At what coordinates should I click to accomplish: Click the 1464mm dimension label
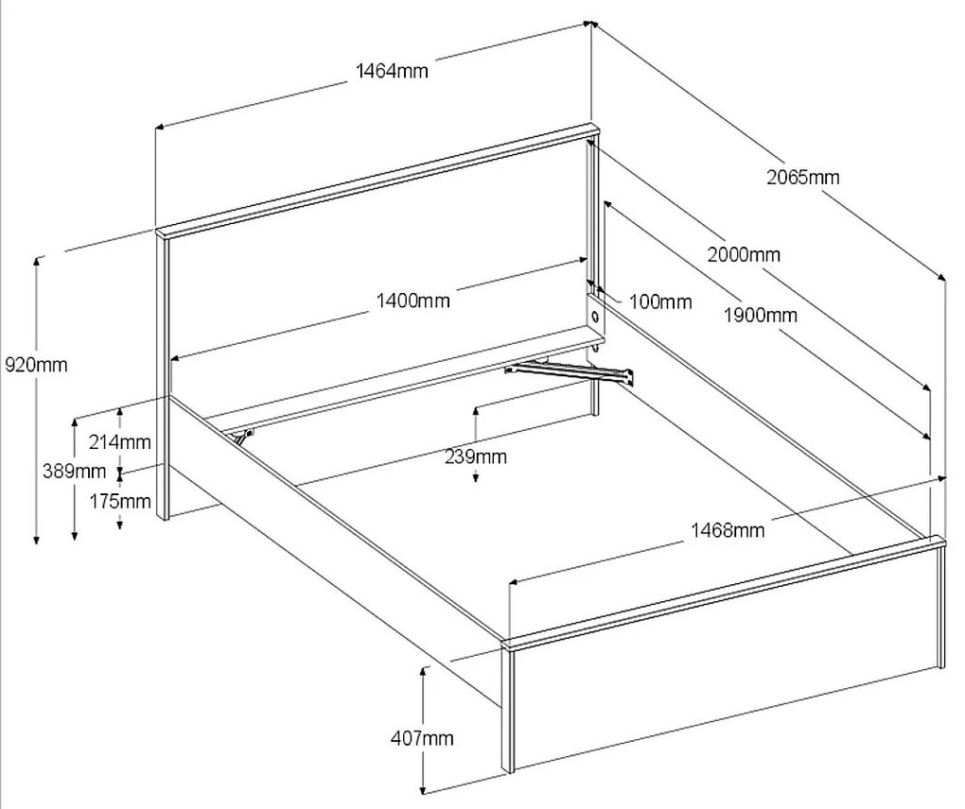[392, 71]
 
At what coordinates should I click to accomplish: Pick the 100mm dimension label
[660, 302]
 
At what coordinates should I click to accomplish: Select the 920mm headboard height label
[36, 365]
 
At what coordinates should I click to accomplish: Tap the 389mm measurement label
[73, 471]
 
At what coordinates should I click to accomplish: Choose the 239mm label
[476, 457]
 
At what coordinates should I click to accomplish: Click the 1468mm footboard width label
[728, 530]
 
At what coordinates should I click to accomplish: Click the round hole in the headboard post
[596, 313]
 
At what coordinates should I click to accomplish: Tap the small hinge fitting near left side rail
[244, 437]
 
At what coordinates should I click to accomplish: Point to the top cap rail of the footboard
[725, 591]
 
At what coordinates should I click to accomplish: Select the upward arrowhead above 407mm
[423, 669]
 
